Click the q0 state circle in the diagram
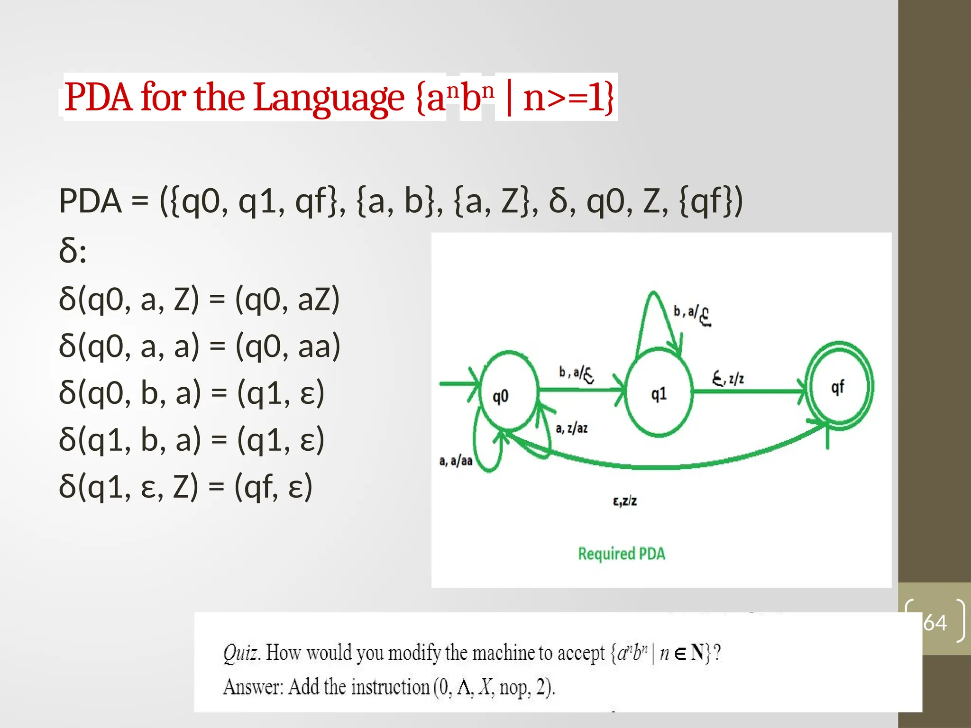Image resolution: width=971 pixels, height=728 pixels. click(x=509, y=391)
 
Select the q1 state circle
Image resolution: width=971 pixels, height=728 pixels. click(x=659, y=392)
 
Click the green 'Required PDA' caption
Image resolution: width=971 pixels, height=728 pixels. click(x=621, y=554)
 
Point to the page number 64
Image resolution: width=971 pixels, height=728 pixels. click(x=934, y=622)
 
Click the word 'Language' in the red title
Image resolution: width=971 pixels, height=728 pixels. click(x=329, y=98)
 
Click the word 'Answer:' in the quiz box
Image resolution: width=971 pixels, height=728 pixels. click(x=253, y=687)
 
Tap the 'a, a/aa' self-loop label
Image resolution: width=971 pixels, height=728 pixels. click(x=456, y=461)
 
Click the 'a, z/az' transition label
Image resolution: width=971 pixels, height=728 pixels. click(x=571, y=428)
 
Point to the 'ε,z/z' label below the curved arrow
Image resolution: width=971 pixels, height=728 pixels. click(x=624, y=501)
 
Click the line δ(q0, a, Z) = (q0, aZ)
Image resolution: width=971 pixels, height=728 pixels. click(x=199, y=300)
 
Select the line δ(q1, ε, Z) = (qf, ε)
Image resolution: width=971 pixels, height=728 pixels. click(x=185, y=487)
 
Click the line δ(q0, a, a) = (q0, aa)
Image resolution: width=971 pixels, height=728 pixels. click(x=199, y=346)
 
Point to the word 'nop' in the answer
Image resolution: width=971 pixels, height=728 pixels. click(x=513, y=687)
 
